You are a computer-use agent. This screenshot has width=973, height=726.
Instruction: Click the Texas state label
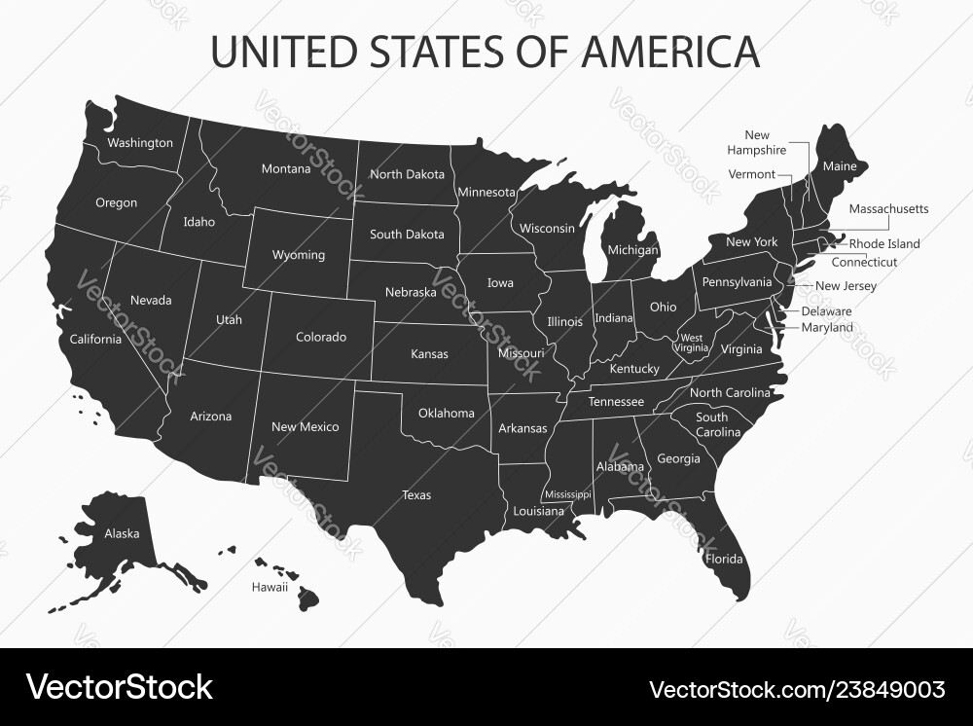click(x=416, y=495)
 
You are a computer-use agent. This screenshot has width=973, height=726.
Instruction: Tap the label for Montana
click(x=286, y=169)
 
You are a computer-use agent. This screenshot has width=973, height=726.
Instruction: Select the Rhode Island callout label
click(x=883, y=244)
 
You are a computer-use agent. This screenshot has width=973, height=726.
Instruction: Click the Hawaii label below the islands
click(x=270, y=587)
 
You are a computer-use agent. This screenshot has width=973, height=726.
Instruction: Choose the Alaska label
click(x=122, y=533)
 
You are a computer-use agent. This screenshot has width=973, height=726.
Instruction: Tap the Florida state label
click(x=724, y=559)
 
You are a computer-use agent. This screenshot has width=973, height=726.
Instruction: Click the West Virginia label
click(x=692, y=343)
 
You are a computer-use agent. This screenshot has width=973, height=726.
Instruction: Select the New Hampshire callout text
click(x=757, y=143)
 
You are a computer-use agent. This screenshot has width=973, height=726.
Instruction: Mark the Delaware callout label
click(x=826, y=311)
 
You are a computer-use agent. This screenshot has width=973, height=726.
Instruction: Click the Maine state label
click(x=840, y=166)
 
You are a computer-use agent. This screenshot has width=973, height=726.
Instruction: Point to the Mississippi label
click(x=568, y=494)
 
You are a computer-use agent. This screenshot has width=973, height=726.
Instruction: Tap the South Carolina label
click(x=711, y=424)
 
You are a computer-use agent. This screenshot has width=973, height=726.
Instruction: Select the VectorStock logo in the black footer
click(x=120, y=687)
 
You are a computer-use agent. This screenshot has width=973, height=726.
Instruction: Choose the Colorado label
click(x=321, y=338)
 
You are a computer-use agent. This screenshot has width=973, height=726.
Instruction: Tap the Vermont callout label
click(x=751, y=174)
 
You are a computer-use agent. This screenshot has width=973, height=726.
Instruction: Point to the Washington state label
click(x=140, y=143)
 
